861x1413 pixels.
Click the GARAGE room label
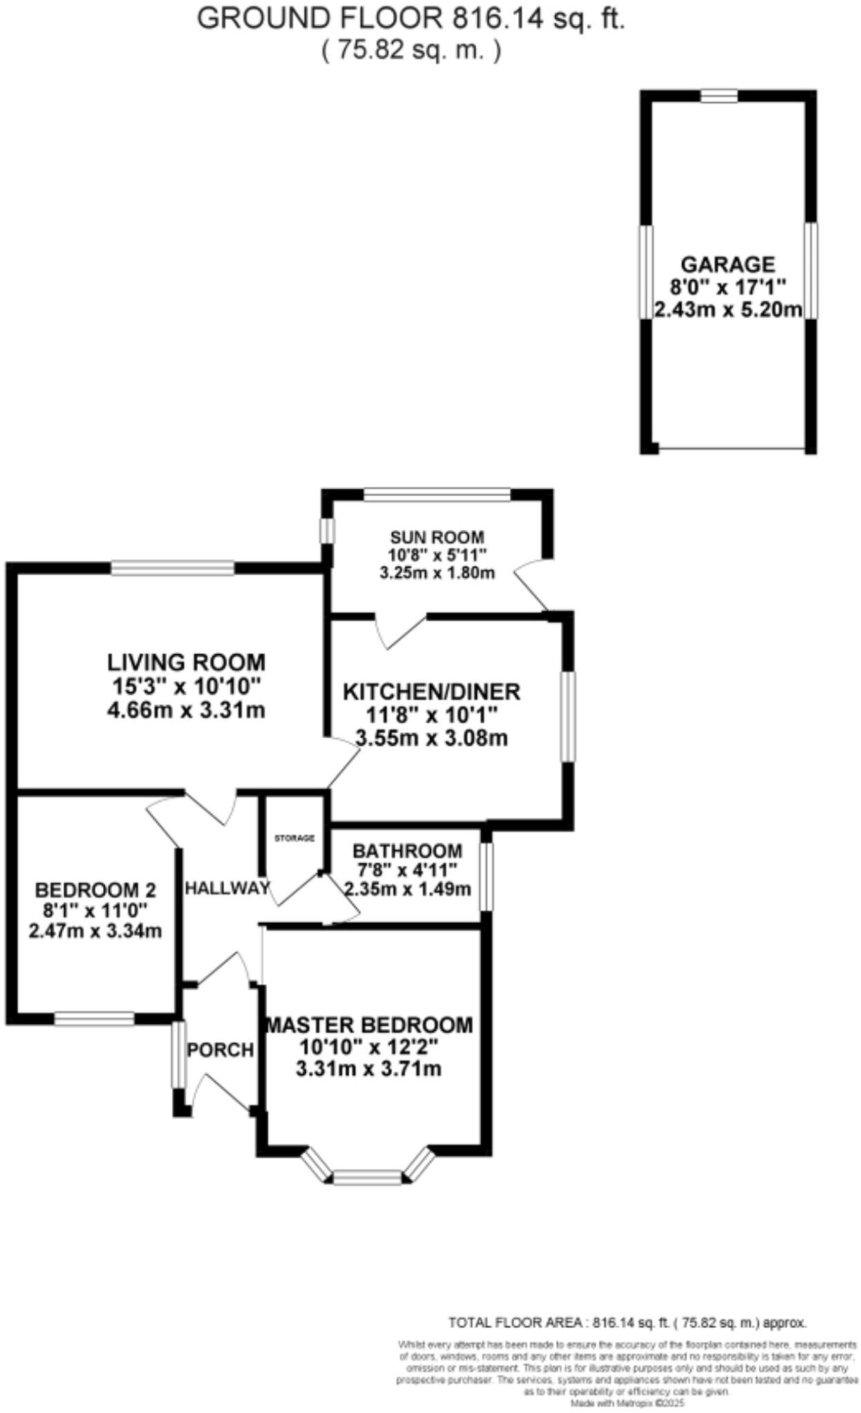(728, 264)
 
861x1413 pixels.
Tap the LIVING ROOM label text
(186, 662)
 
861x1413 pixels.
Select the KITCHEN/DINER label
(432, 691)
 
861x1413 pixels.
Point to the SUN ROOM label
(437, 537)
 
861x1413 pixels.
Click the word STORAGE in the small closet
(295, 838)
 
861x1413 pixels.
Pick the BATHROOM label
(407, 851)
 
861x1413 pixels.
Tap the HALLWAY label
(227, 888)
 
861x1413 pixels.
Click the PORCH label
(221, 1050)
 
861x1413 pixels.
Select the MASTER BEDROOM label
(370, 1025)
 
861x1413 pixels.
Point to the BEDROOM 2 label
(95, 889)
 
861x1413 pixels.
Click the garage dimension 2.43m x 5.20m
(728, 310)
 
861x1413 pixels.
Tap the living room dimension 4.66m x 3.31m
(186, 710)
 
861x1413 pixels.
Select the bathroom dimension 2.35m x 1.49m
(407, 889)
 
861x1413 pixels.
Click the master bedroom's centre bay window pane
(367, 1177)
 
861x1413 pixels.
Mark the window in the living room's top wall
(173, 568)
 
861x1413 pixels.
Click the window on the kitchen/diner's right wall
(568, 717)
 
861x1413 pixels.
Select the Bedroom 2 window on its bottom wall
(95, 1018)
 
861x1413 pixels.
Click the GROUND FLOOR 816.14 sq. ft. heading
(411, 19)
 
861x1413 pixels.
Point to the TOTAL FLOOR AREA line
(627, 1323)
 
